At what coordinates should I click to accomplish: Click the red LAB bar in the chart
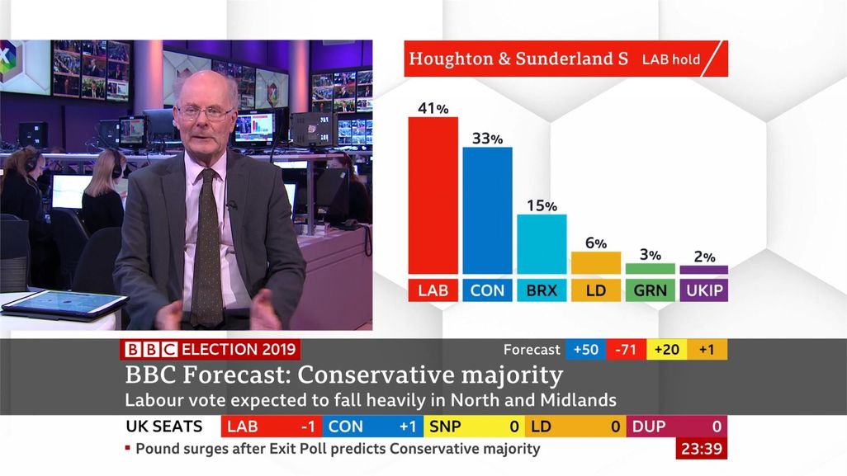[433, 196]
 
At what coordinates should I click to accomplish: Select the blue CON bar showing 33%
[487, 210]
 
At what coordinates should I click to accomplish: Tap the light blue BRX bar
[542, 244]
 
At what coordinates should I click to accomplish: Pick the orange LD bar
[595, 262]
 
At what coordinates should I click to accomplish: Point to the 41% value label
[433, 108]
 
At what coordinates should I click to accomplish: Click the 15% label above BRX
[542, 205]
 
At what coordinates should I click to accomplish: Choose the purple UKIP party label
[703, 290]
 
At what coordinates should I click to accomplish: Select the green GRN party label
[650, 290]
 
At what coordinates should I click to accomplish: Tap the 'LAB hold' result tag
[670, 59]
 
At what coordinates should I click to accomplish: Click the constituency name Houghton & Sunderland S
[518, 59]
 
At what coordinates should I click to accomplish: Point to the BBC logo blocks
[149, 350]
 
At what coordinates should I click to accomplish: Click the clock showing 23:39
[701, 450]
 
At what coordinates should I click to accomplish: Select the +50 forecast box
[585, 350]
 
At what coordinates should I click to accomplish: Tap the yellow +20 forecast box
[666, 350]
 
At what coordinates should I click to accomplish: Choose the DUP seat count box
[676, 427]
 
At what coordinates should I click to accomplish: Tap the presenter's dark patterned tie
[206, 247]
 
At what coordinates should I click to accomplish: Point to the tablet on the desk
[64, 304]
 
